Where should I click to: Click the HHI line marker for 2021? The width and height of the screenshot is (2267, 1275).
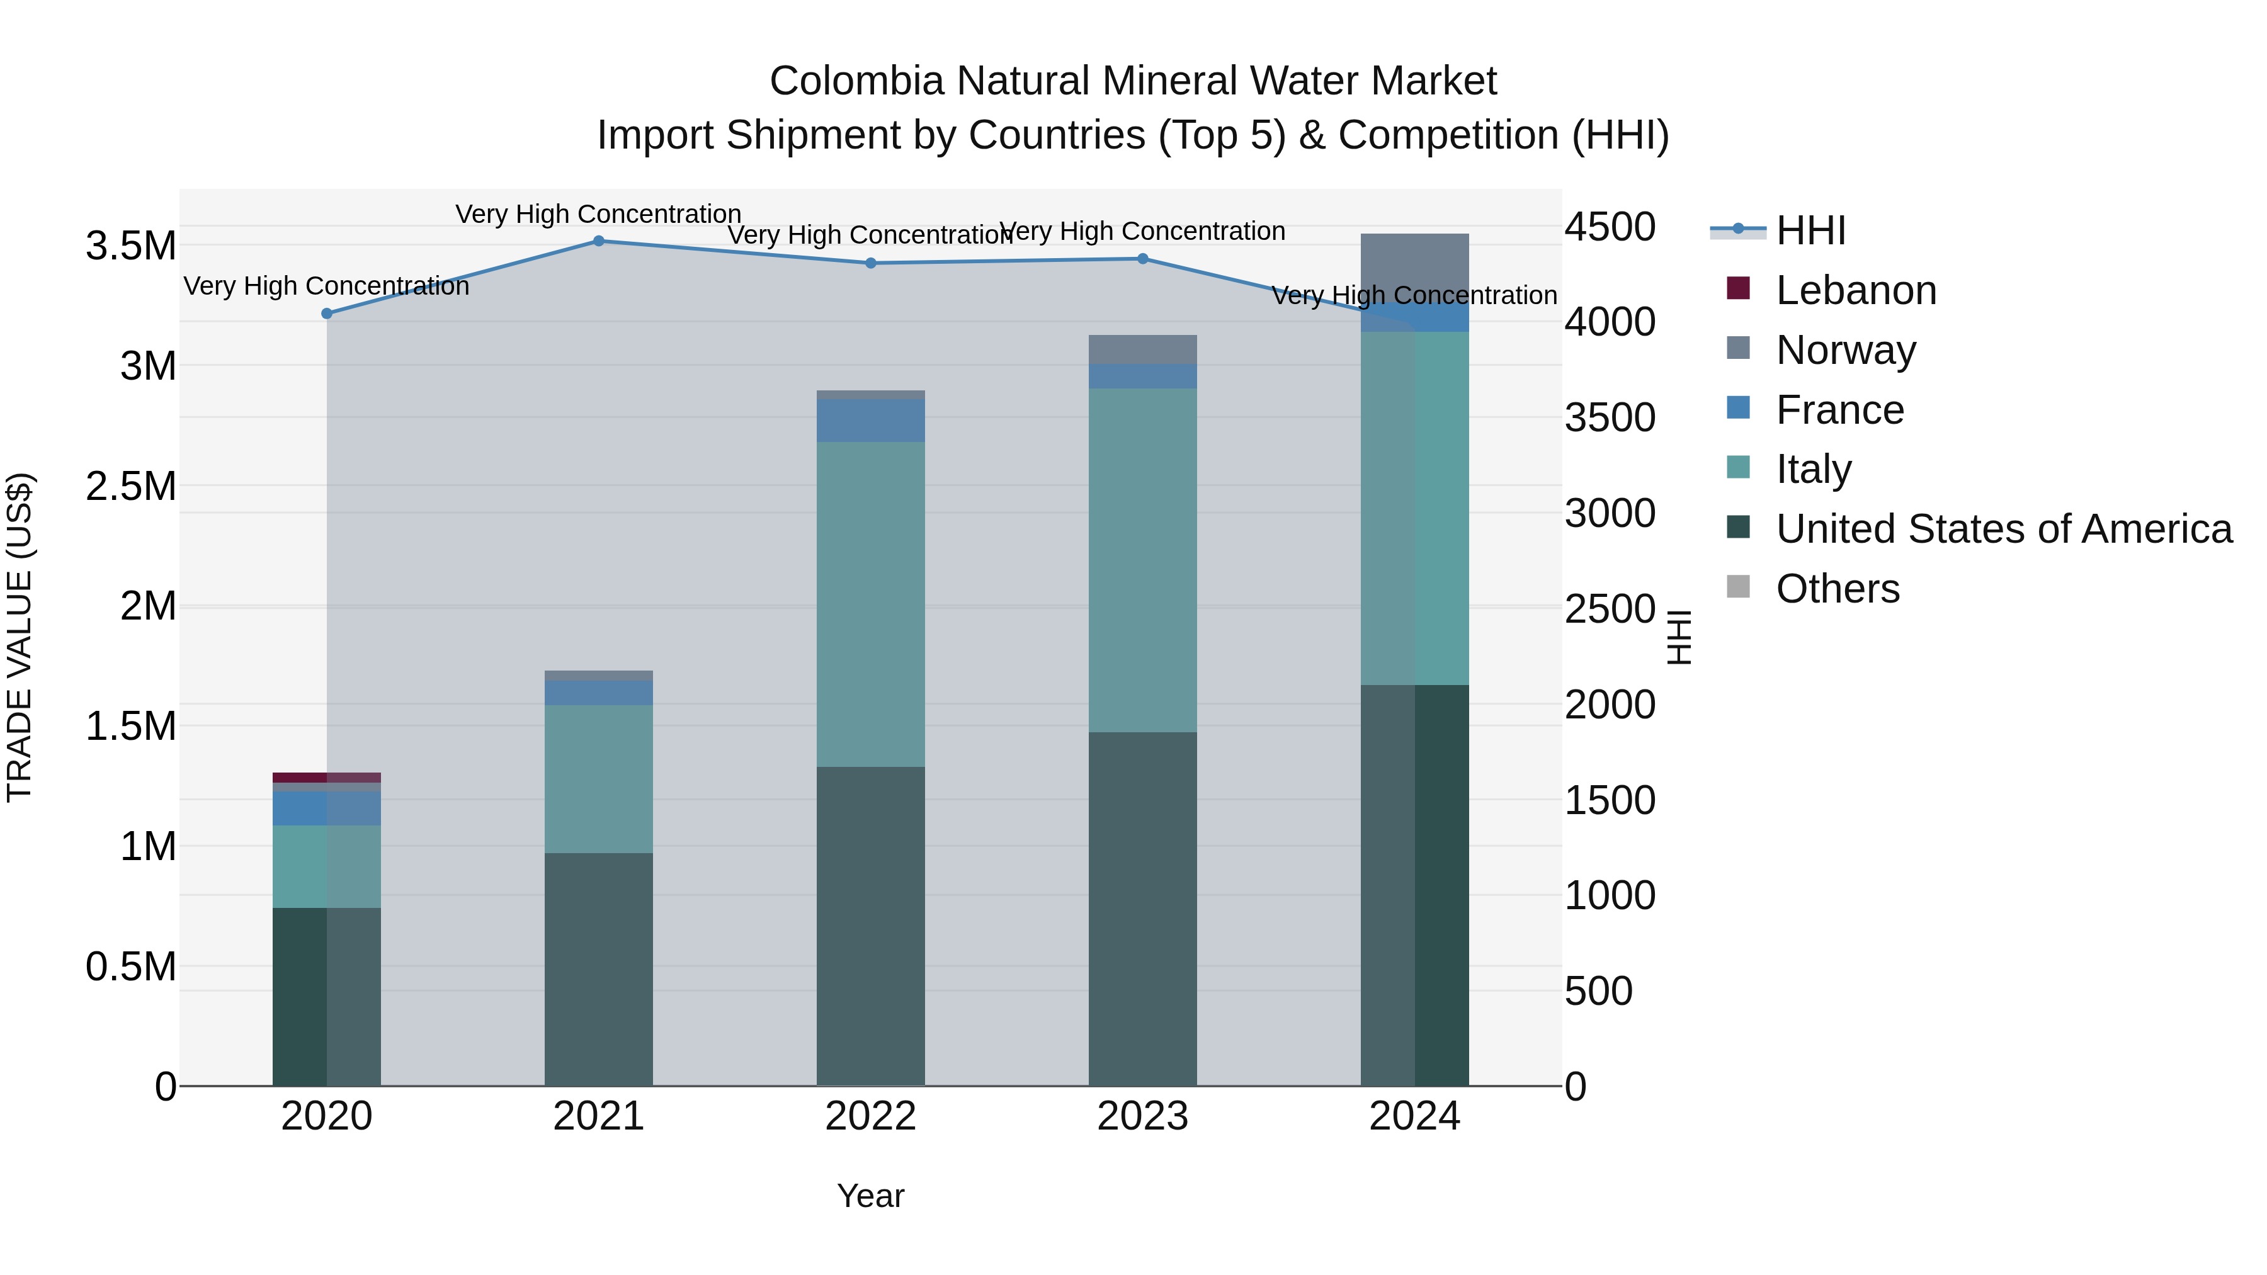598,241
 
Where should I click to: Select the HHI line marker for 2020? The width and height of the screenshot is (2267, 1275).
326,314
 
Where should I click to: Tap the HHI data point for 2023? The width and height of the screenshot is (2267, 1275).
1142,259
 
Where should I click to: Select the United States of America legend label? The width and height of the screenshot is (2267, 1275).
2004,529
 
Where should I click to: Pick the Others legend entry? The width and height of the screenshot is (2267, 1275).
1838,589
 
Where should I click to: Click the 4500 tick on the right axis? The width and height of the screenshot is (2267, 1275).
1610,227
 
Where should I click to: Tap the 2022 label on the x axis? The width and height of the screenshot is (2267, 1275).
870,1116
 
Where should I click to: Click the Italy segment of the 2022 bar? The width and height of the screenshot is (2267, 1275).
870,604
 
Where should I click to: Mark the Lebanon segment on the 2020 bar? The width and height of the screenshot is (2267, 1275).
326,778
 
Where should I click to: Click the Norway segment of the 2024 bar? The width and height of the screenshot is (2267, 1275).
1414,264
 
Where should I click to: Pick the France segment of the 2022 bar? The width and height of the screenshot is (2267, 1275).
870,421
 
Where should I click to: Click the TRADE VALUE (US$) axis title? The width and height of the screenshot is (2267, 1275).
20,637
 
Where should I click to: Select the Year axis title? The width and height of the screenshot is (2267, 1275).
870,1196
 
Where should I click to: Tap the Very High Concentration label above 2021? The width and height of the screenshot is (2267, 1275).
598,214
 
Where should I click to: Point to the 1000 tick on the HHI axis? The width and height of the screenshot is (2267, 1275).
1610,896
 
